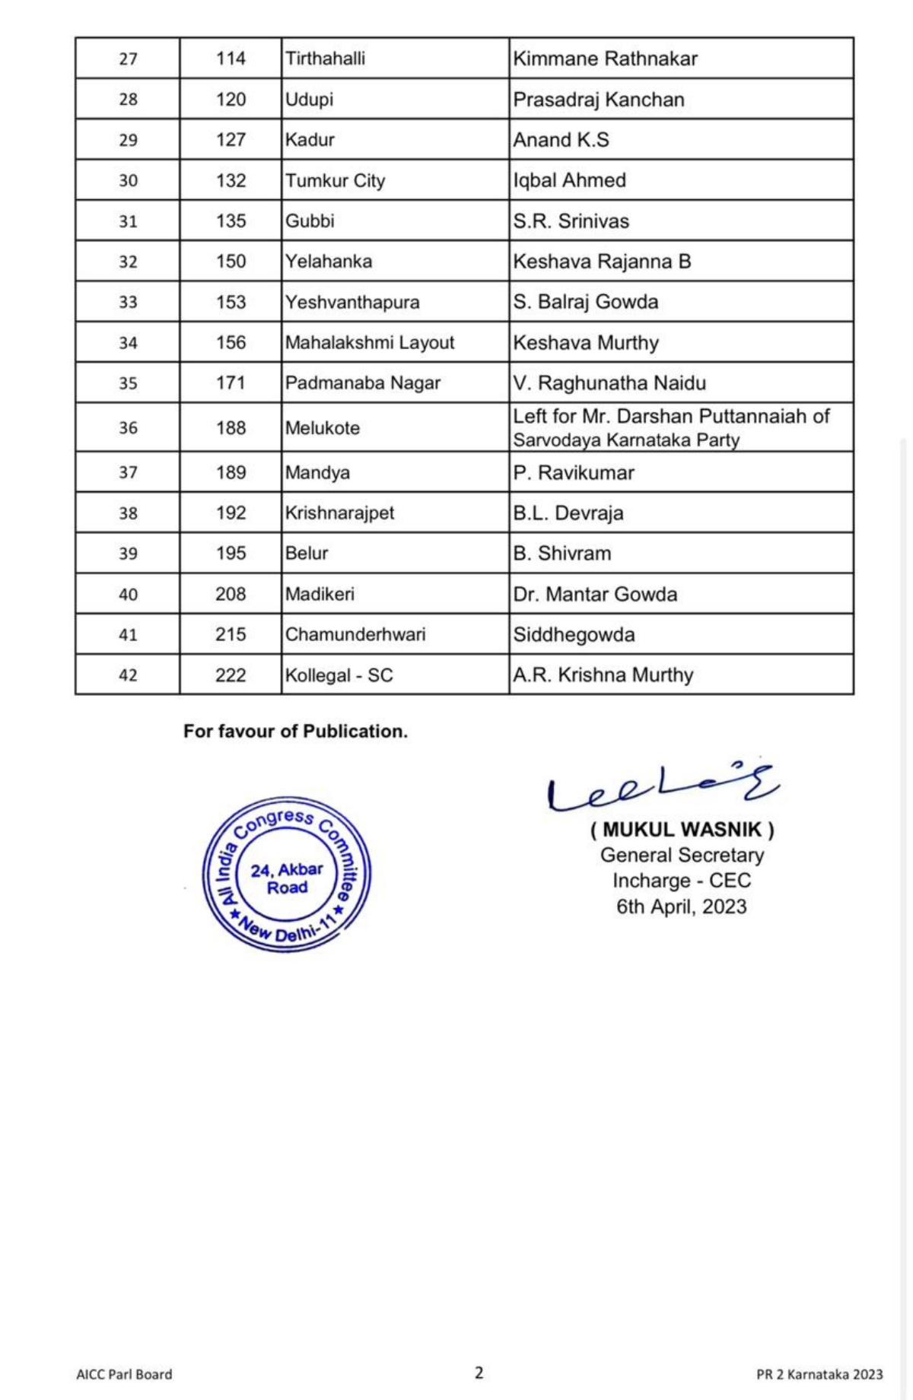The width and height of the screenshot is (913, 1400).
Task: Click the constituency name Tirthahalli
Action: pos(325,59)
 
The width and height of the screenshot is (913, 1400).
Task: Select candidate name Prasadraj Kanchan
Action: pos(598,100)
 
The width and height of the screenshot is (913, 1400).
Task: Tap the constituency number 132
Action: pos(231,181)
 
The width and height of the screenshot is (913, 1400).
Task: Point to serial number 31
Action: pos(128,221)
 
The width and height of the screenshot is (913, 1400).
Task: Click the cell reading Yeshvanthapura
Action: pos(352,302)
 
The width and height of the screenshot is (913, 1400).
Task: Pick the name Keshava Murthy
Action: pos(585,343)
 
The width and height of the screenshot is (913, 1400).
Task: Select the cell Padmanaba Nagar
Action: pos(362,383)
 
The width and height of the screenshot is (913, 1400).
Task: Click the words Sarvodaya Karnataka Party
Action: pos(625,440)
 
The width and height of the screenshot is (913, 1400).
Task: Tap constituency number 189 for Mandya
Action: pos(231,472)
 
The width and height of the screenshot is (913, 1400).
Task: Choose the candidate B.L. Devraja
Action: pos(568,513)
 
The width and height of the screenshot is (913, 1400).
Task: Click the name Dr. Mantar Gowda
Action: pos(594,594)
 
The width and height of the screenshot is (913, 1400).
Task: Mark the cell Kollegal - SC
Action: pos(339,675)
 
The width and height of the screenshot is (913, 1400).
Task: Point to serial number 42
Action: pos(128,675)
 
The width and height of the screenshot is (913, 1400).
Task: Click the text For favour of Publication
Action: pos(295,732)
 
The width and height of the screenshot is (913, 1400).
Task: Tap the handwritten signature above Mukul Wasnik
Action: pos(660,788)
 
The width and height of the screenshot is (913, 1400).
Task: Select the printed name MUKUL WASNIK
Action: pos(682,830)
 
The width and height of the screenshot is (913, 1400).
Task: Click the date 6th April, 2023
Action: pos(681,906)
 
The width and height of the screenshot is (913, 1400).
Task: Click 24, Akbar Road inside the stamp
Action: pos(287,878)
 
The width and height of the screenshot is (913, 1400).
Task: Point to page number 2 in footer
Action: pos(479,1373)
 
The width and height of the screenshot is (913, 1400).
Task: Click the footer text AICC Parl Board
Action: pos(124,1374)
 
